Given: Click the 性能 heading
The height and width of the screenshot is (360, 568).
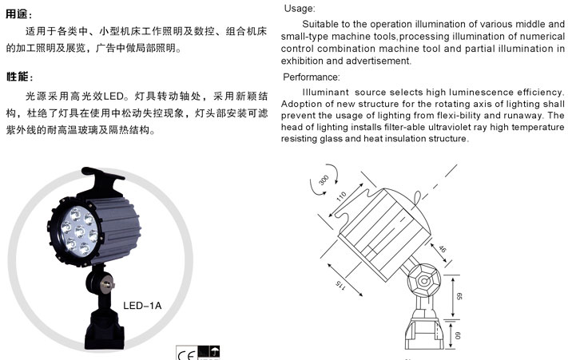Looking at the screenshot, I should (x=18, y=76).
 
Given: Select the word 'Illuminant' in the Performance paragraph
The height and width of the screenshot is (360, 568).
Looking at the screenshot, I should (x=321, y=93).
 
